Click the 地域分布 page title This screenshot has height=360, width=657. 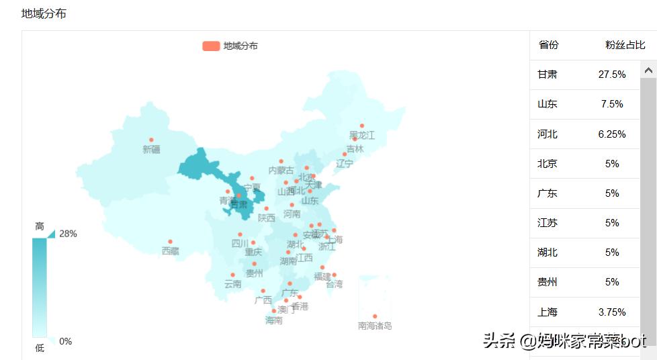(44, 13)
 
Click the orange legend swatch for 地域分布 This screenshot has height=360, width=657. (210, 46)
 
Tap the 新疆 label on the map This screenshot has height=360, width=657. (151, 150)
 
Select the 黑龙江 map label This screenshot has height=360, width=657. (362, 136)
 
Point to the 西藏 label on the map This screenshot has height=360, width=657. (171, 251)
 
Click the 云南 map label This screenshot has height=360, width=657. (233, 284)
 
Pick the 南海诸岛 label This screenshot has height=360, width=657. (375, 326)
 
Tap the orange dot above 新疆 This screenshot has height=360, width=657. (151, 139)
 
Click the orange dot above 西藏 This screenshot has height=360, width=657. (170, 242)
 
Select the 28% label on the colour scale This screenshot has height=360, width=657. (68, 234)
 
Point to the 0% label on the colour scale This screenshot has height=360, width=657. (65, 341)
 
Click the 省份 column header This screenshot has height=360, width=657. (548, 45)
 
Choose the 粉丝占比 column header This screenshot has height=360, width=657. (625, 45)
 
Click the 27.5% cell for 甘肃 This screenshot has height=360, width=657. (612, 75)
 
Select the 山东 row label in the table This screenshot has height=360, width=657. (547, 104)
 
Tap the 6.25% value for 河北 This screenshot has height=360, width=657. (612, 134)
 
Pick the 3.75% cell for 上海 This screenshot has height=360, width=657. (612, 312)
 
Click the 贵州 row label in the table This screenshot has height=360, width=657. (547, 282)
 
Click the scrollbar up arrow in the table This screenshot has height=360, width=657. (648, 70)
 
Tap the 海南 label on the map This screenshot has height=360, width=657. (274, 320)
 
